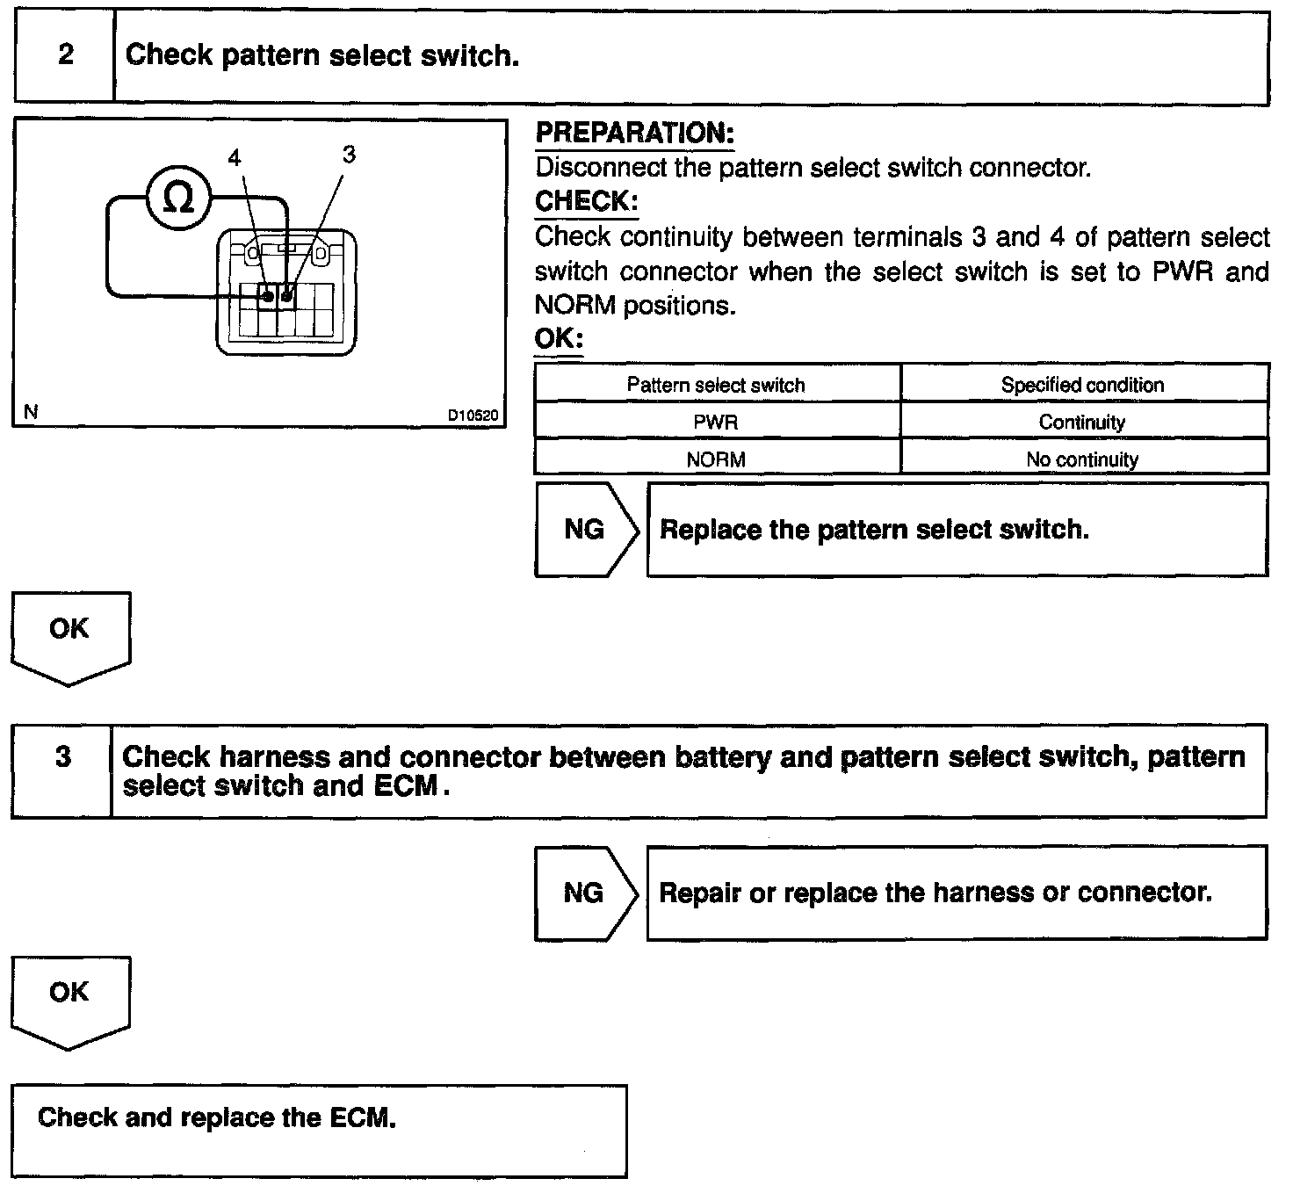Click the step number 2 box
pos(65,56)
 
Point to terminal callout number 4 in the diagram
pos(235,158)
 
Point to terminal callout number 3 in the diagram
pos(349,155)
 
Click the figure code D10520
pos(473,416)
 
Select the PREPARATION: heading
pos(634,134)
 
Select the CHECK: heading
pos(586,201)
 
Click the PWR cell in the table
pos(716,423)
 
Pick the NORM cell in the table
pos(716,459)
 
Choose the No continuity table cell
pos(1082,459)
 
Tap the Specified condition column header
pos(1082,385)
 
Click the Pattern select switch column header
pos(716,385)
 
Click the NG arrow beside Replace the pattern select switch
pos(585,529)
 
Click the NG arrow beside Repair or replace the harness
pos(585,893)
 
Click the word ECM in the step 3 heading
pos(406,785)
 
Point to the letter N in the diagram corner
pos(32,412)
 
